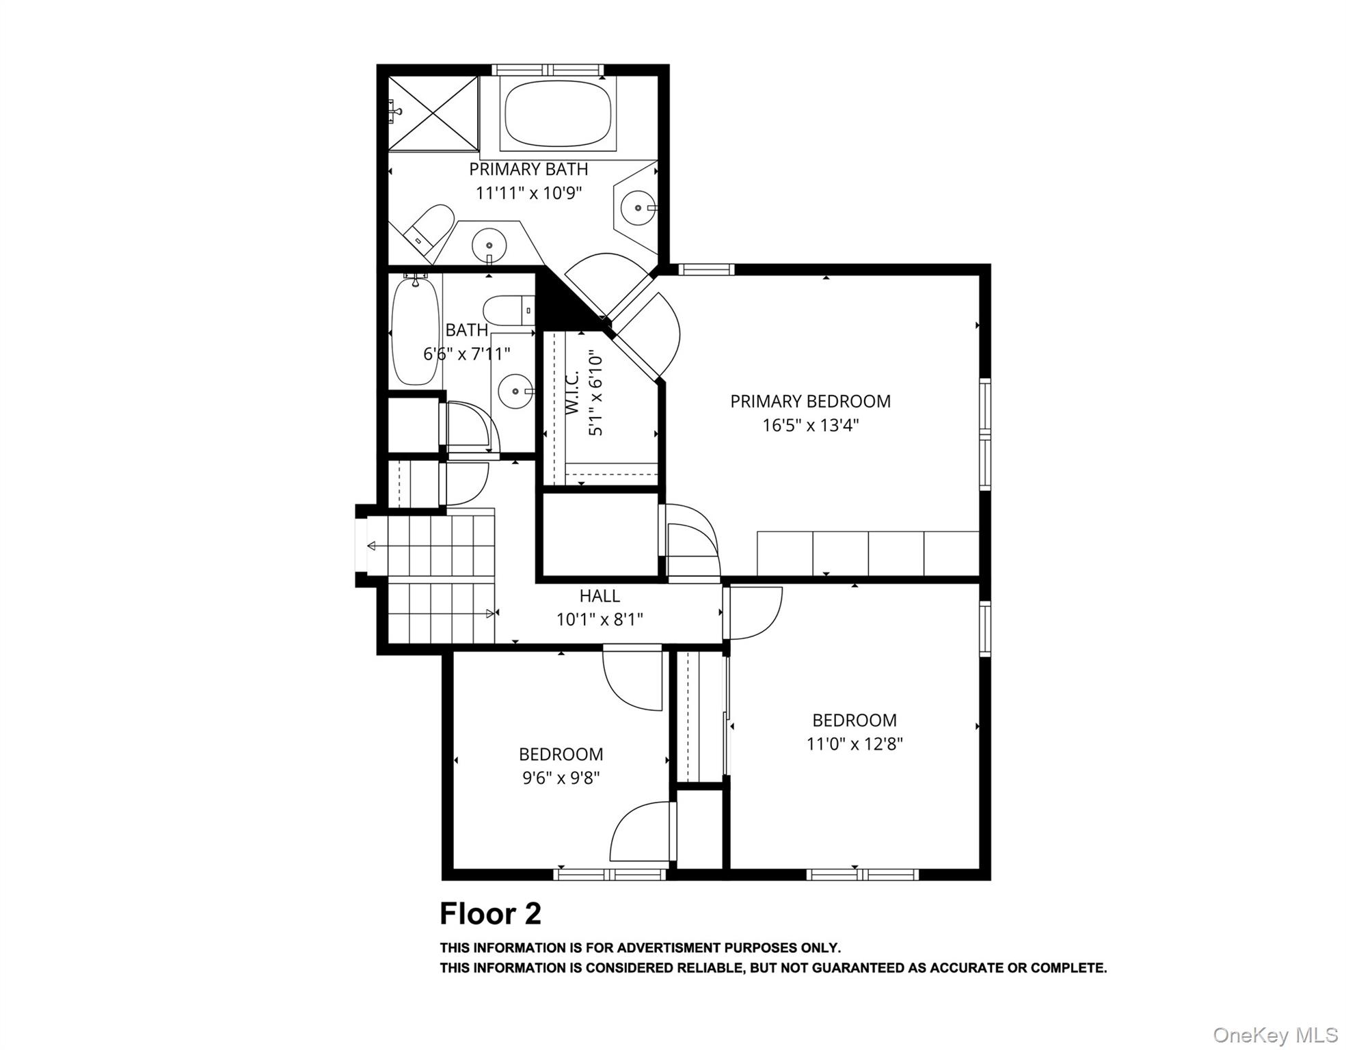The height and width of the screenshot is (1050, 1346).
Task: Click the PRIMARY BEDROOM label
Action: (810, 401)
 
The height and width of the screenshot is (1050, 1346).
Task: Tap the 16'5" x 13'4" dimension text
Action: (810, 425)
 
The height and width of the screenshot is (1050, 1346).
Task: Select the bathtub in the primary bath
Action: (558, 113)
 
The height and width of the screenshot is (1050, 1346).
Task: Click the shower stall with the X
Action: (433, 113)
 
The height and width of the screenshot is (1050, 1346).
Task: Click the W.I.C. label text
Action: (573, 392)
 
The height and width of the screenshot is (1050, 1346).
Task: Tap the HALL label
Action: (600, 596)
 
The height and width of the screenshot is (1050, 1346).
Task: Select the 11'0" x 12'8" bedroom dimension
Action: (854, 744)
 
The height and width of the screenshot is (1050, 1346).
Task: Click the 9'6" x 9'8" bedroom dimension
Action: (561, 778)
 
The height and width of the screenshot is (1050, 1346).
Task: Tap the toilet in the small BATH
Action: (507, 310)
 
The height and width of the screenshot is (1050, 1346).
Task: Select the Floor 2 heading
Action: (490, 914)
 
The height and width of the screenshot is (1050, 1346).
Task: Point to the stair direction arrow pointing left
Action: (373, 546)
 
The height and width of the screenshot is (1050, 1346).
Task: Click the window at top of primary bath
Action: (548, 70)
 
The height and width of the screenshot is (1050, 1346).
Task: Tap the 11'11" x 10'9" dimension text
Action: (528, 193)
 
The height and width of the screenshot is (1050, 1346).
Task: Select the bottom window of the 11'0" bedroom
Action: (862, 874)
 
